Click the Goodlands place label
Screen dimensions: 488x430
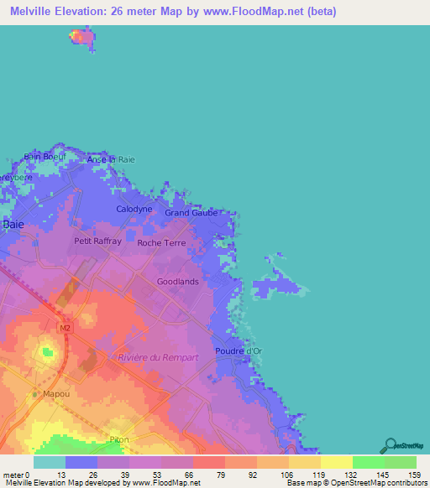point(178,282)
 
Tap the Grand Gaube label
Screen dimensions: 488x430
point(191,213)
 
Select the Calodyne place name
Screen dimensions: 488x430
point(134,209)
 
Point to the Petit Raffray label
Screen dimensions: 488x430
point(98,241)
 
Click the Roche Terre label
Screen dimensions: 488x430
point(161,243)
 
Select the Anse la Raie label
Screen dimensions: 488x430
point(111,159)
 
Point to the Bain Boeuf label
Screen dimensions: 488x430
point(44,156)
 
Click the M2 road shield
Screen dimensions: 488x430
point(62,325)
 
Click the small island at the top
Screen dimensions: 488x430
point(81,37)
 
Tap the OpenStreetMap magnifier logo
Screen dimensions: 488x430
point(390,445)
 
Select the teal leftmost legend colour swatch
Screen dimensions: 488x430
point(49,462)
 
